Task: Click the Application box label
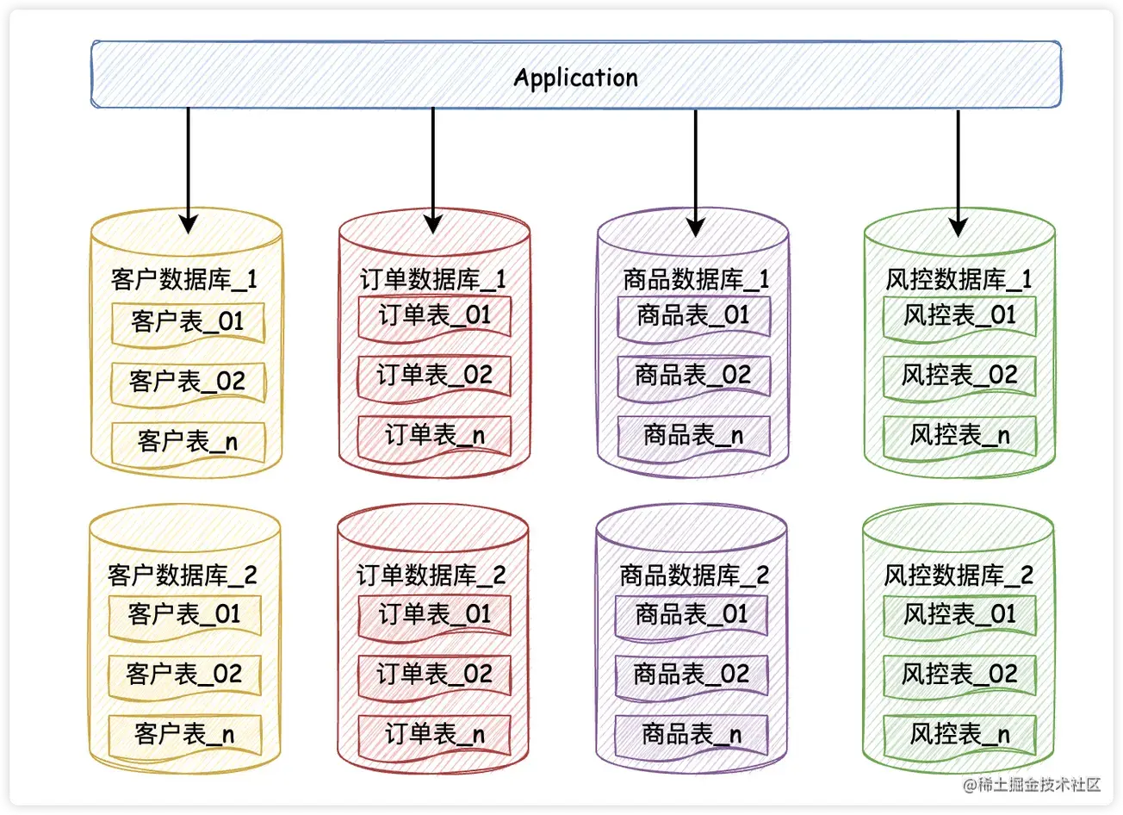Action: point(575,78)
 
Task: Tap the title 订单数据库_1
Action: point(433,279)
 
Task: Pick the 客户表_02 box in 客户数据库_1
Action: point(188,381)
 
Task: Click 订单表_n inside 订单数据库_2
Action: point(434,734)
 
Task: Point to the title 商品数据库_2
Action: point(694,575)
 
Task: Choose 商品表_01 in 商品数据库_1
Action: point(693,315)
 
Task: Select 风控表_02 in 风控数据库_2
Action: point(959,674)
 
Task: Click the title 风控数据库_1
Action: point(959,279)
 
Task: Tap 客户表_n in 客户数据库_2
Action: point(184,734)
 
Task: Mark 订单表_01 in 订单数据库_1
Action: point(434,315)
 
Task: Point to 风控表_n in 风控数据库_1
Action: point(959,435)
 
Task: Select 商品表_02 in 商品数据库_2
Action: point(692,674)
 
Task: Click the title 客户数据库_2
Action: point(183,575)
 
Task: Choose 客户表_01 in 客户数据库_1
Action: point(188,322)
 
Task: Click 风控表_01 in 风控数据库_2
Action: point(959,614)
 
